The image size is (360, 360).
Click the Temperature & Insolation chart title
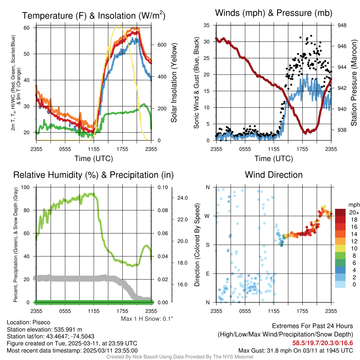(94, 15)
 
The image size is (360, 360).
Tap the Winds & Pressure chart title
(274, 13)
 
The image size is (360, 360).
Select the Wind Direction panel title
(274, 175)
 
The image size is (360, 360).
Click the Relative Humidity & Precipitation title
(93, 175)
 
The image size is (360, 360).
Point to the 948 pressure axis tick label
(342, 25)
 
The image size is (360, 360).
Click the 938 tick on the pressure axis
(342, 130)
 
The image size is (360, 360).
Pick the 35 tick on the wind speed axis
(207, 25)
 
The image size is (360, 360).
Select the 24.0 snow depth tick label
(183, 198)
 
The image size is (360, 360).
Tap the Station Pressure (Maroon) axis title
(354, 83)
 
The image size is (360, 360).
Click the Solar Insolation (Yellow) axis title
(174, 83)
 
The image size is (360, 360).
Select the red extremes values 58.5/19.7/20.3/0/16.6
(322, 343)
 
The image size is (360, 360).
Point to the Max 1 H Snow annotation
(147, 319)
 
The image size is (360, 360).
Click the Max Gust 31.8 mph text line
(295, 350)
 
